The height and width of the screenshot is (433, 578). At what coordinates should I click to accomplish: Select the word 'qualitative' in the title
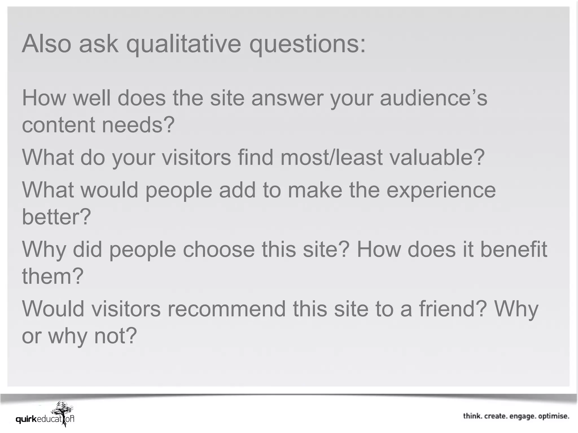click(184, 44)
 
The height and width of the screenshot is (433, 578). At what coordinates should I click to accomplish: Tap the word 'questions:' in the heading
click(307, 44)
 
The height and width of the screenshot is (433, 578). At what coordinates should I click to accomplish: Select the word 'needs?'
click(139, 125)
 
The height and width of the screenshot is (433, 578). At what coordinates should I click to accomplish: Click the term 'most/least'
click(331, 157)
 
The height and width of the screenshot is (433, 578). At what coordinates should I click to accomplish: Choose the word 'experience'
click(441, 190)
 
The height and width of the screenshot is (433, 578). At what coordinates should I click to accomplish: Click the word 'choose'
click(219, 249)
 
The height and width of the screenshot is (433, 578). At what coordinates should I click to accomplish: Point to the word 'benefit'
click(514, 249)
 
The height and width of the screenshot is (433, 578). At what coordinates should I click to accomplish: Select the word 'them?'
click(53, 276)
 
